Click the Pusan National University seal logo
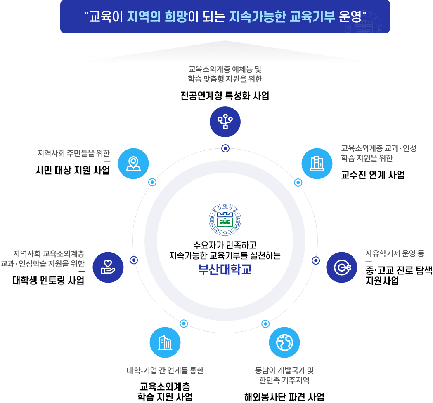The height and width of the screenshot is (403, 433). click(x=225, y=220)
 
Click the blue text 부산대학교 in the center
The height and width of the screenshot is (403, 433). click(x=225, y=269)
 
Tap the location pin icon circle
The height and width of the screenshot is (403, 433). click(x=133, y=164)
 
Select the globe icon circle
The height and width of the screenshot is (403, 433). click(x=284, y=342)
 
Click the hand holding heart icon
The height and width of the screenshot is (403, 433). click(x=108, y=267)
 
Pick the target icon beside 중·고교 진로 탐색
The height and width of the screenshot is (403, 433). click(x=342, y=267)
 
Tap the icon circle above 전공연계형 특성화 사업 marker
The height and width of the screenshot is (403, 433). click(x=225, y=122)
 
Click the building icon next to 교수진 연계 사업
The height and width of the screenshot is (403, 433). click(x=317, y=164)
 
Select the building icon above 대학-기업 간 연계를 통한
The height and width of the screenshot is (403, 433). click(x=165, y=342)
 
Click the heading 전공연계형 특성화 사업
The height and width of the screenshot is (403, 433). click(x=225, y=96)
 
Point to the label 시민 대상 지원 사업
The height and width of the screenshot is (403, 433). click(x=73, y=170)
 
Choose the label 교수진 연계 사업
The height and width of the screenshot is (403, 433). click(x=373, y=175)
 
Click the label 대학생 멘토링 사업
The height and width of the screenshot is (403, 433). click(x=48, y=280)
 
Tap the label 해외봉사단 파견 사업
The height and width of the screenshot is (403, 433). click(x=284, y=397)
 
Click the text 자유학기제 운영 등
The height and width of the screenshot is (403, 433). click(x=395, y=253)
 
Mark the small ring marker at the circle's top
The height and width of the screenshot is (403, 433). click(x=225, y=148)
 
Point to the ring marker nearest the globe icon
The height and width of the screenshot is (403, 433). click(x=265, y=323)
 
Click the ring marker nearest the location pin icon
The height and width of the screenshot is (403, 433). click(x=152, y=182)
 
